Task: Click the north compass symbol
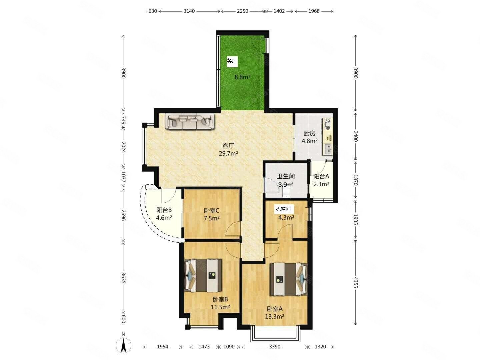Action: click(x=123, y=348)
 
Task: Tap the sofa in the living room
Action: click(x=190, y=122)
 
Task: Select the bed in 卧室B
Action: click(x=203, y=275)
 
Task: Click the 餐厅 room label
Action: click(x=232, y=61)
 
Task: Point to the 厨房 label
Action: click(x=309, y=133)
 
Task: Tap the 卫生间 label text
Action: click(x=286, y=176)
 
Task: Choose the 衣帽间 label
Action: click(x=283, y=209)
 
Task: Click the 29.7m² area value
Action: click(x=228, y=153)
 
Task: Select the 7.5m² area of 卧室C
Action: click(x=212, y=218)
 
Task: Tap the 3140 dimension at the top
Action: click(x=189, y=11)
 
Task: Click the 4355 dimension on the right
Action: click(x=355, y=282)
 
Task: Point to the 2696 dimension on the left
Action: click(x=124, y=215)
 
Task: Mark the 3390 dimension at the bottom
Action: click(x=274, y=346)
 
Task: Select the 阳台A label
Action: click(x=321, y=176)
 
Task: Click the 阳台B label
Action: click(x=164, y=210)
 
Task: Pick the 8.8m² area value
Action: click(x=242, y=77)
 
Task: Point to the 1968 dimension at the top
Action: click(x=314, y=11)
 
